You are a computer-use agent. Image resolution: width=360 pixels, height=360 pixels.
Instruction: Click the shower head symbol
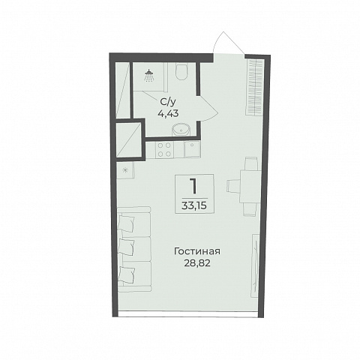tap(149, 76)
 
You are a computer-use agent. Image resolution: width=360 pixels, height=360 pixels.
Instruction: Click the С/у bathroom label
tap(168, 102)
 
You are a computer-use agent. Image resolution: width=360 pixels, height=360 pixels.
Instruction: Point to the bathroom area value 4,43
tap(168, 114)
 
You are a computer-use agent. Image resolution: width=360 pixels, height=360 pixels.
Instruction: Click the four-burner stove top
tap(164, 149)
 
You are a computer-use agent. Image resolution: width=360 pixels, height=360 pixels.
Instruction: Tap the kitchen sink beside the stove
tap(192, 149)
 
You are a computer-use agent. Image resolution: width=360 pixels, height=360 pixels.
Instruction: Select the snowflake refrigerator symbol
tap(124, 170)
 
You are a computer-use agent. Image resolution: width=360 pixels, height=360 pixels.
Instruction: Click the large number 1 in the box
tap(193, 186)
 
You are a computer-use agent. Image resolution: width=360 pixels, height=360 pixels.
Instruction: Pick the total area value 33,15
tap(194, 205)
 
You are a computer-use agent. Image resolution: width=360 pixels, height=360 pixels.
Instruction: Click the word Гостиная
tap(197, 251)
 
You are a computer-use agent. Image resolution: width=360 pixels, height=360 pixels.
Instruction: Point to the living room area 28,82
tap(197, 263)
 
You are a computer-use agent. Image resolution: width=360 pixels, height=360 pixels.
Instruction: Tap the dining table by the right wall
tap(250, 186)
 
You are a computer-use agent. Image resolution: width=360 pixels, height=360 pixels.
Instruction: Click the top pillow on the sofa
tap(126, 223)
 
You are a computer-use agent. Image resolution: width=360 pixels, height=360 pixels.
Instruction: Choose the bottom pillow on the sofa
tap(127, 274)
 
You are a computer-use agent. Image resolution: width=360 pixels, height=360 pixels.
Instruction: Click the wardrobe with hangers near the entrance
tap(255, 86)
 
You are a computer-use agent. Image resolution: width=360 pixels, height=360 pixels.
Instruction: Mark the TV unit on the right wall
tap(255, 265)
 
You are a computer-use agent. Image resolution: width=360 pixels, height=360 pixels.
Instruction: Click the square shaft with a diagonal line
tap(129, 140)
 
